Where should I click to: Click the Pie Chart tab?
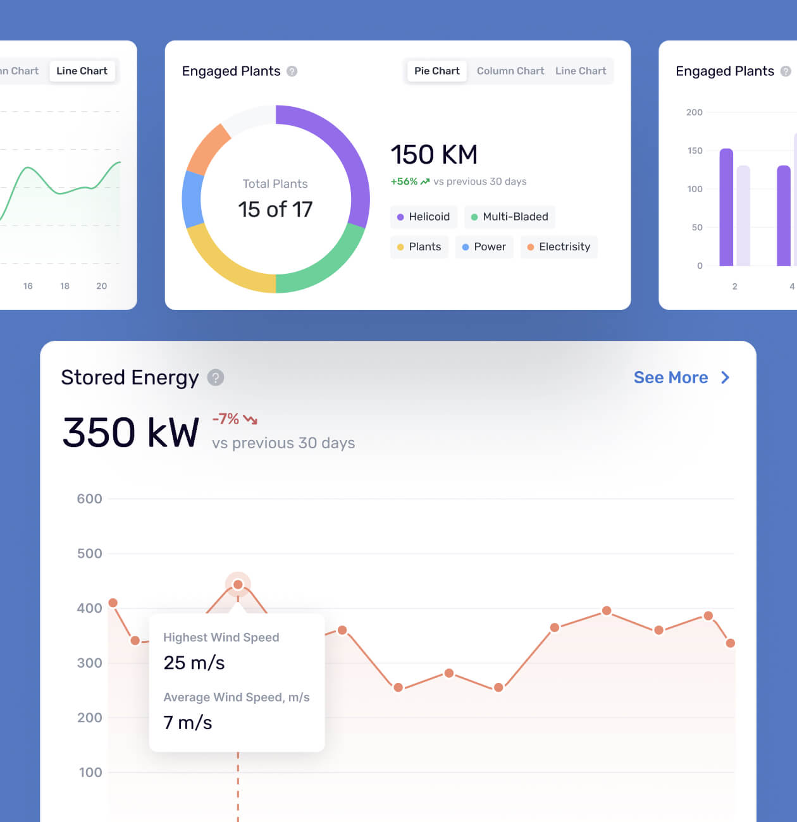click(x=436, y=71)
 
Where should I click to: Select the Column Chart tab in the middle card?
click(x=510, y=71)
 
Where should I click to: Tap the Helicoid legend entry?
click(x=423, y=217)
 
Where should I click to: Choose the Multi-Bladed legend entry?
click(x=509, y=217)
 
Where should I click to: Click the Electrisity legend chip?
click(x=559, y=247)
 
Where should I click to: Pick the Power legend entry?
click(x=484, y=247)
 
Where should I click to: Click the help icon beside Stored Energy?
click(x=216, y=377)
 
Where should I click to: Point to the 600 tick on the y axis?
click(x=89, y=499)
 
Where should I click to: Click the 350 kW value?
click(x=131, y=432)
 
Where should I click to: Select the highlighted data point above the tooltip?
click(x=238, y=584)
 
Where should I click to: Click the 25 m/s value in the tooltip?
click(x=194, y=663)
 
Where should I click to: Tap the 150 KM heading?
click(x=434, y=155)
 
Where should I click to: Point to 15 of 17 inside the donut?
click(x=275, y=209)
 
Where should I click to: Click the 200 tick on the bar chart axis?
click(x=694, y=113)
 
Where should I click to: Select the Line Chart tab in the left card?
click(x=82, y=71)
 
